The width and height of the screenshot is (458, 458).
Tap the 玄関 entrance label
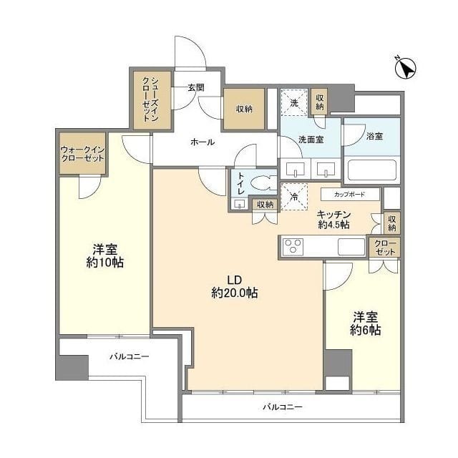(x=196, y=88)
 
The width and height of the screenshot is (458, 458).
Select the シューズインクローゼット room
(x=152, y=99)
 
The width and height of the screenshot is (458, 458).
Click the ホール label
(x=202, y=142)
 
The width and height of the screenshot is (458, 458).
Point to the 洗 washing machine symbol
(x=293, y=102)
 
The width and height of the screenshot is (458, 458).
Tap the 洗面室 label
(x=311, y=140)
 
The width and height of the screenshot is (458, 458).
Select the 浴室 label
(x=374, y=135)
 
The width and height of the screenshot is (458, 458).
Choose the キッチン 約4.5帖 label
(x=333, y=219)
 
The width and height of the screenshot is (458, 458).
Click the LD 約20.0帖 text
(x=235, y=286)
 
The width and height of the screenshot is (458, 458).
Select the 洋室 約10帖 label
(x=104, y=256)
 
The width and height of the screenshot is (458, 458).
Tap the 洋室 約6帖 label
(x=365, y=323)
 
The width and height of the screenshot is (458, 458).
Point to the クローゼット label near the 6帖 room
(x=384, y=247)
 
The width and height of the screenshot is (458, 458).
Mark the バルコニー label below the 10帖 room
(x=129, y=356)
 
